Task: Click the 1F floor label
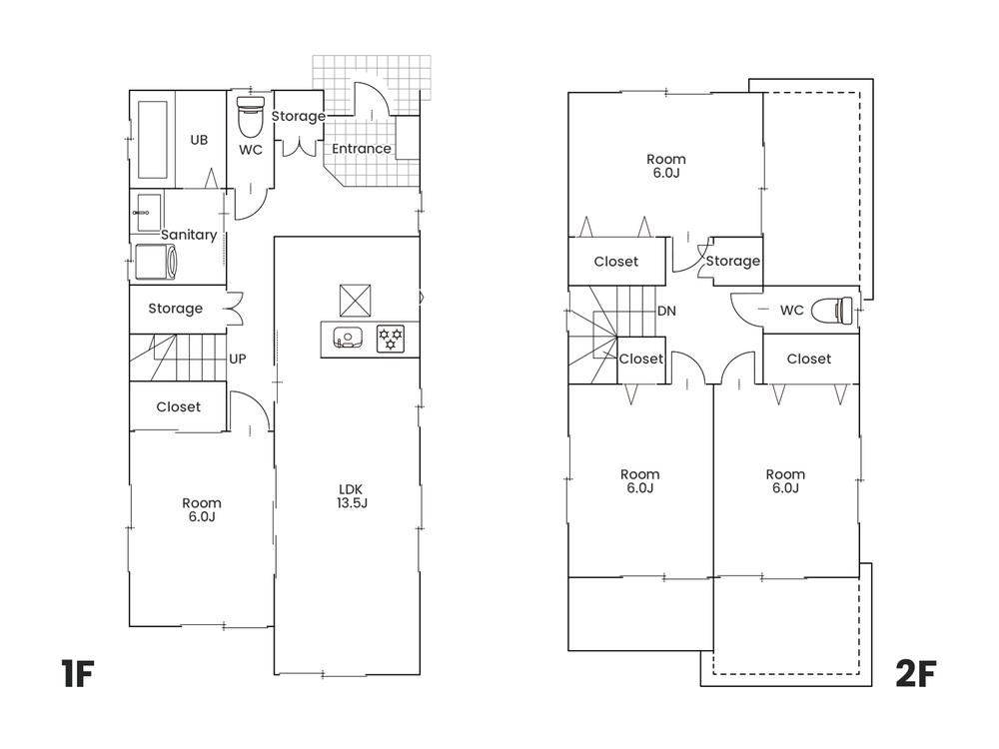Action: click(x=78, y=674)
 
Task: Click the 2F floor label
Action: click(x=916, y=674)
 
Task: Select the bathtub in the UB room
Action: click(x=153, y=140)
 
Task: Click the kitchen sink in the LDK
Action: click(x=348, y=338)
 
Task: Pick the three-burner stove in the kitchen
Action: click(x=390, y=339)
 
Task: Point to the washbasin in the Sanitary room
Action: click(x=149, y=213)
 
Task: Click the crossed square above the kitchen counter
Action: click(x=356, y=301)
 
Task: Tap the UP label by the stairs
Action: click(x=238, y=360)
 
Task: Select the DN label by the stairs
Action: click(x=666, y=311)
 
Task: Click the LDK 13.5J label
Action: click(x=352, y=496)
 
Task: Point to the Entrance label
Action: click(x=362, y=149)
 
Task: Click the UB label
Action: click(x=199, y=140)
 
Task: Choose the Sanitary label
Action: click(x=189, y=235)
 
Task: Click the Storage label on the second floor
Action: click(x=732, y=261)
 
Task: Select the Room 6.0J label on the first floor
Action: click(x=202, y=509)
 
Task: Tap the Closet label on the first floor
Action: click(x=179, y=407)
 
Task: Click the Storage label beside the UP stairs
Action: click(x=175, y=309)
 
